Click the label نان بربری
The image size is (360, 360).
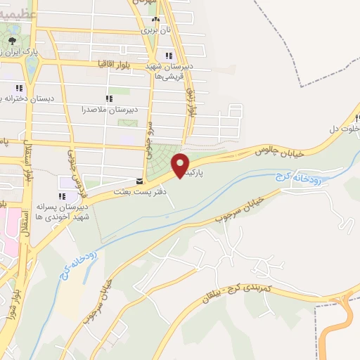[155, 30]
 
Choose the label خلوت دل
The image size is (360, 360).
[344, 129]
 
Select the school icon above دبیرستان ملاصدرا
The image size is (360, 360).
[108, 98]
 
